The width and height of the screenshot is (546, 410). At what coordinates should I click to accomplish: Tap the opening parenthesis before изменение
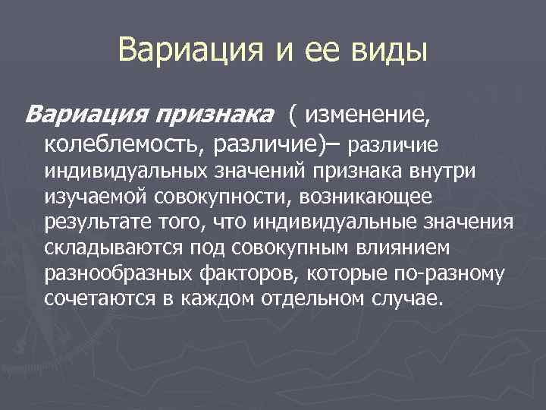(293, 115)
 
